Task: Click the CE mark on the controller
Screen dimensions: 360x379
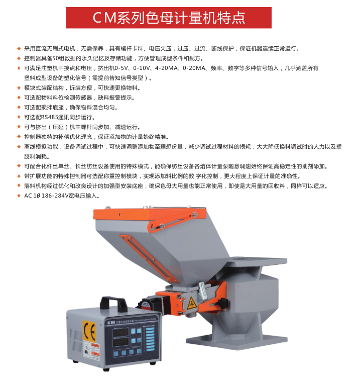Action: [89, 331]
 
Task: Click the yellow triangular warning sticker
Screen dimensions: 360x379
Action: [192, 303]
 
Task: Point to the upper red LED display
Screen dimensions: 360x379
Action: [120, 333]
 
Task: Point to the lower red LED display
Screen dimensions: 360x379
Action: [120, 342]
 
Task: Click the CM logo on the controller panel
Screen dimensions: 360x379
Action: [111, 323]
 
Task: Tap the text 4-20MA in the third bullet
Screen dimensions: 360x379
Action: [166, 68]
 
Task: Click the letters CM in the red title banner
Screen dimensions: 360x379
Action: [104, 18]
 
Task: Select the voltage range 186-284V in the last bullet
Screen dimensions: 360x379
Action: [55, 196]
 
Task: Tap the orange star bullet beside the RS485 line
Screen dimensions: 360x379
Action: [19, 117]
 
